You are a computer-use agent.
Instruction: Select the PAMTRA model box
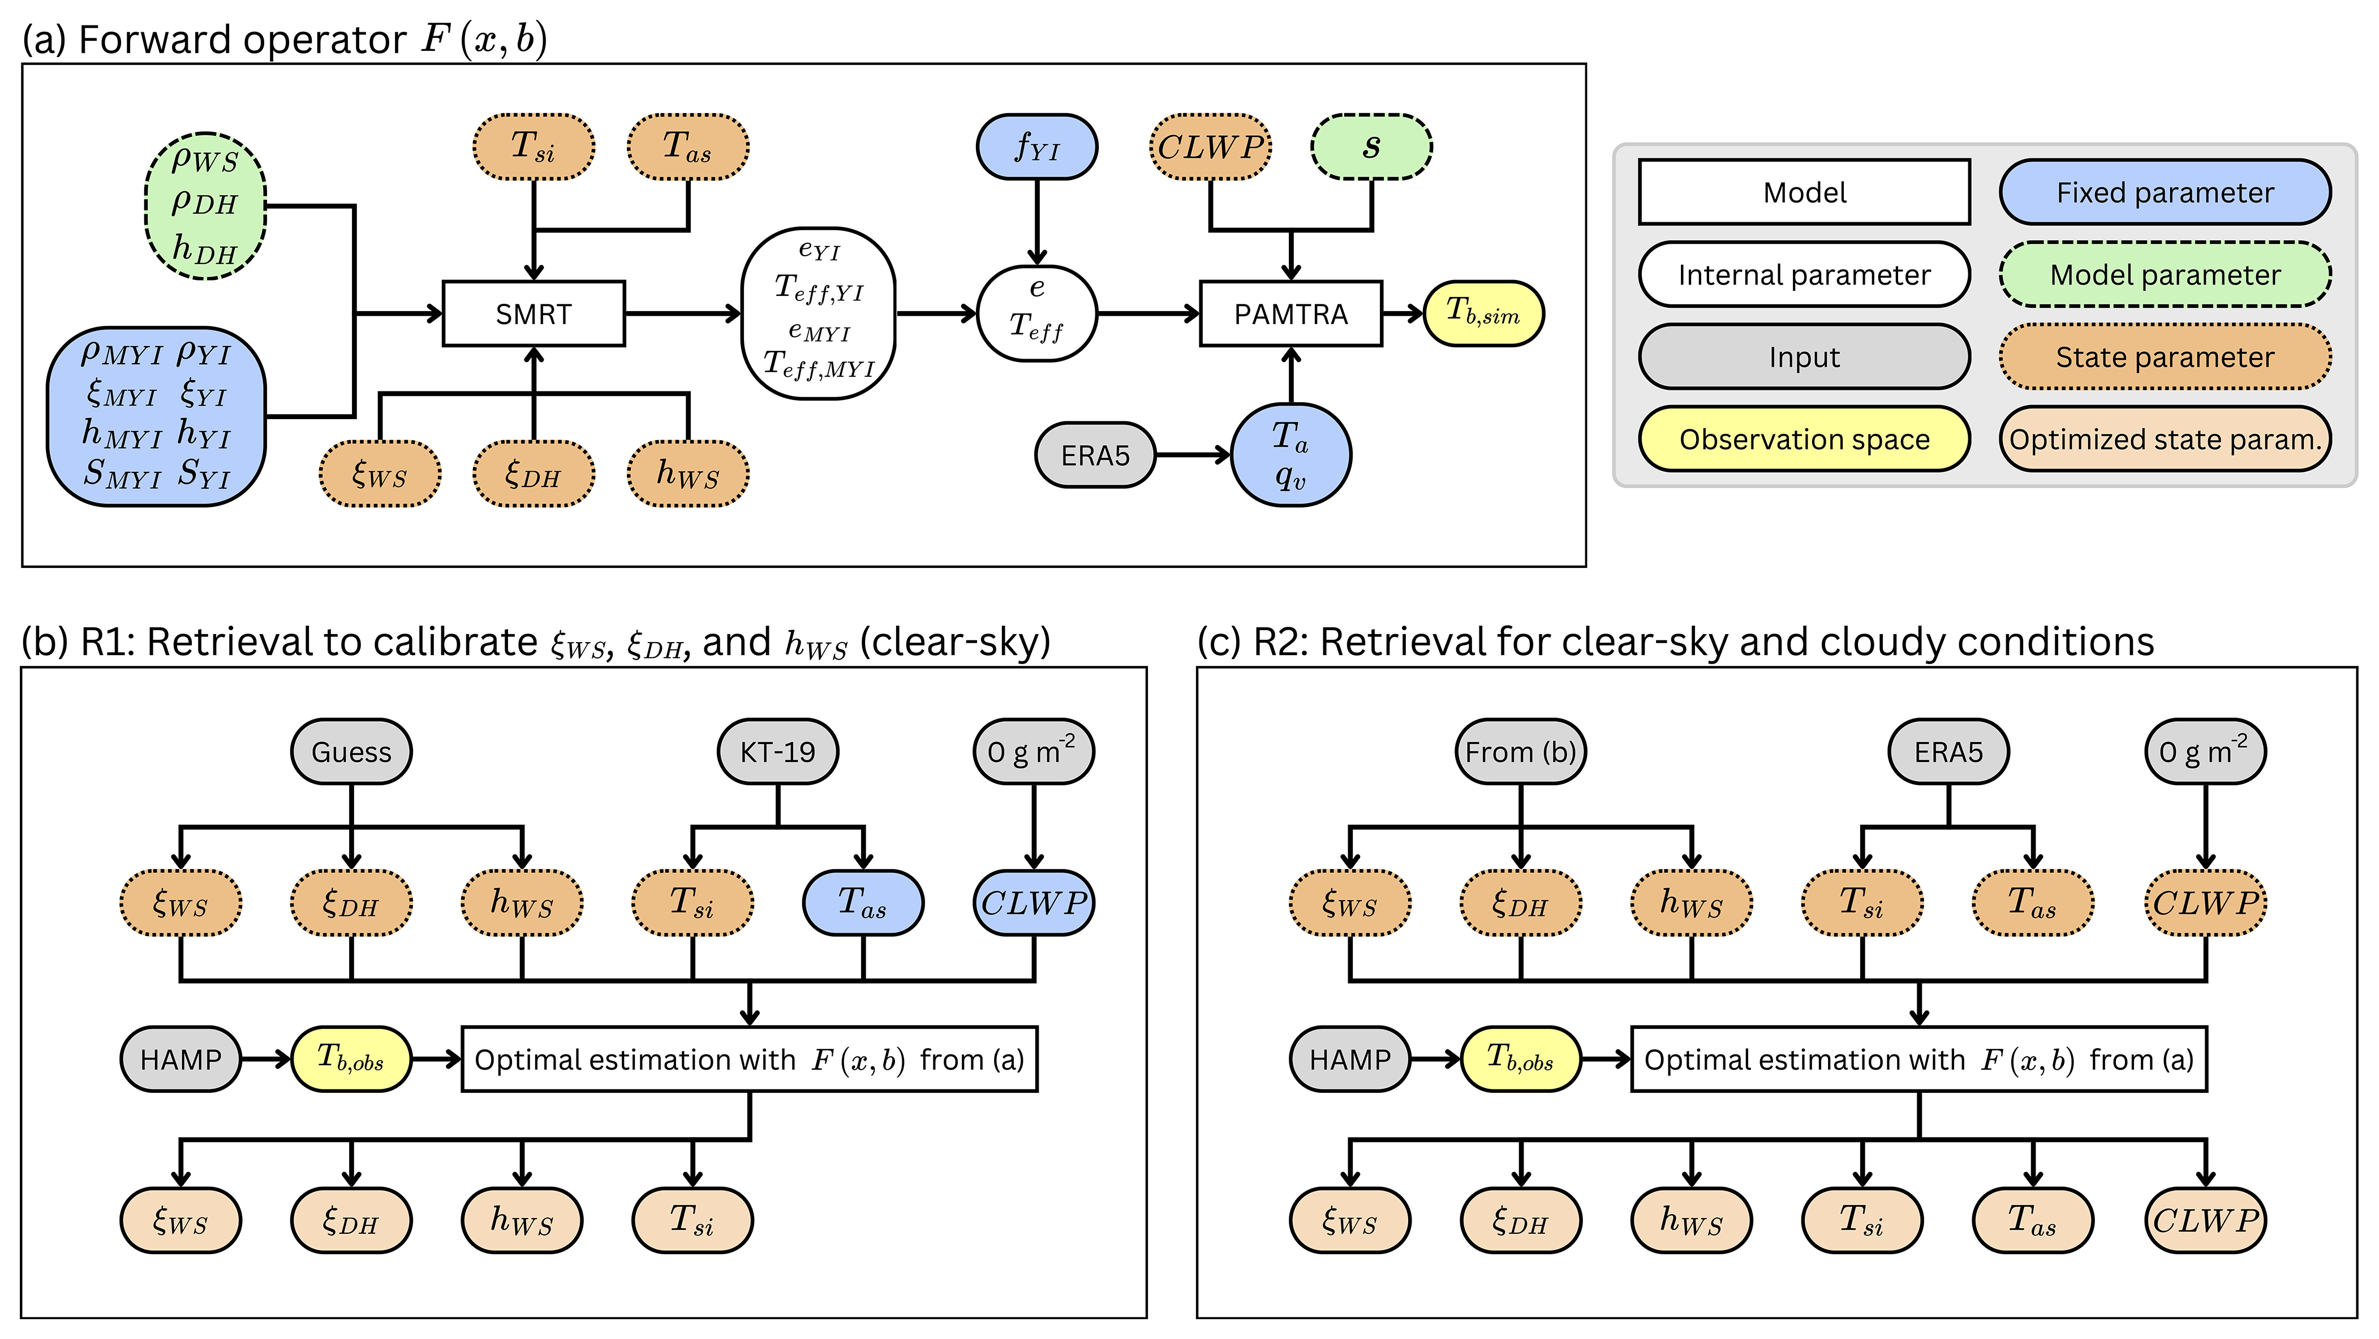click(1290, 314)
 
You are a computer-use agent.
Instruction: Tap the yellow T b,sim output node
click(1482, 314)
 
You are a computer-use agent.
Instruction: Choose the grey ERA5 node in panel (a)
click(1095, 455)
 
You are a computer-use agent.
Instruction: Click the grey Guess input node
click(351, 752)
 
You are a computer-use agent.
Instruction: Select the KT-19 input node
click(777, 752)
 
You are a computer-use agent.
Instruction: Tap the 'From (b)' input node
click(1520, 752)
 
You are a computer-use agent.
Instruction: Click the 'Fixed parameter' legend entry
click(2165, 192)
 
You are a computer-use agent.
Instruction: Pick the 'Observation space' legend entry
click(1804, 440)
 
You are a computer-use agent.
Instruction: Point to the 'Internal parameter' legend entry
click(1804, 274)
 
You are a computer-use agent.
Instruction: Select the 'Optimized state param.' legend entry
click(2165, 440)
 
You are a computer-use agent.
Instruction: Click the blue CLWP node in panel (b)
click(1034, 902)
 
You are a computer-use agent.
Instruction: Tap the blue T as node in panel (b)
click(863, 902)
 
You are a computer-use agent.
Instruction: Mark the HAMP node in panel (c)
click(1349, 1059)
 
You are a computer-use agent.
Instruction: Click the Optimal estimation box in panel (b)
click(749, 1059)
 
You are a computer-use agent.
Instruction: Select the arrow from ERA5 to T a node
click(1193, 455)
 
